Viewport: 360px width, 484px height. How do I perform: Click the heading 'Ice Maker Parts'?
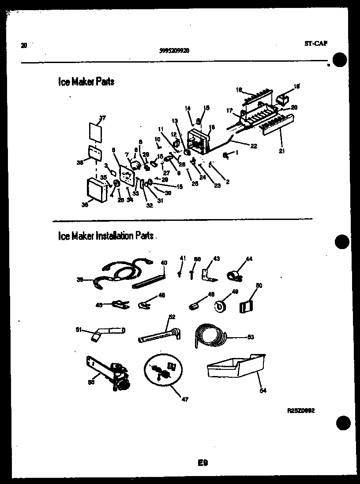(x=86, y=82)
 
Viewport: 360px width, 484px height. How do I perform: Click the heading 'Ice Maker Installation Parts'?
(x=106, y=236)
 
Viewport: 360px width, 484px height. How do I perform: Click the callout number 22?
(x=253, y=146)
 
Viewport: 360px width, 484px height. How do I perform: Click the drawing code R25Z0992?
(x=301, y=410)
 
